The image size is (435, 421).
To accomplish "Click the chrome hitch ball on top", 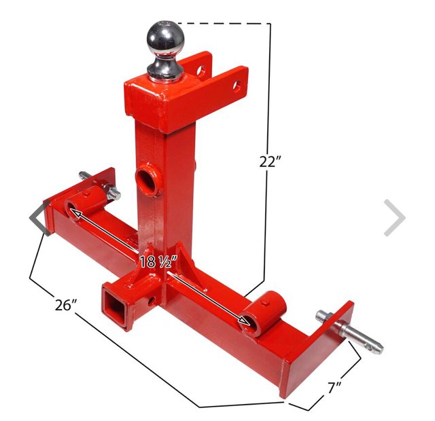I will pyautogui.click(x=164, y=42).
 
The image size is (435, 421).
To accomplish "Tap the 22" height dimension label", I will pyautogui.click(x=270, y=162).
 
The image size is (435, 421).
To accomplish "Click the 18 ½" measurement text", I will pyautogui.click(x=158, y=261).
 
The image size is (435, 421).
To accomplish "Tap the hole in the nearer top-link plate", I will pyautogui.click(x=236, y=86).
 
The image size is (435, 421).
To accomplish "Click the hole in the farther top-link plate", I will pyautogui.click(x=201, y=69).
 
